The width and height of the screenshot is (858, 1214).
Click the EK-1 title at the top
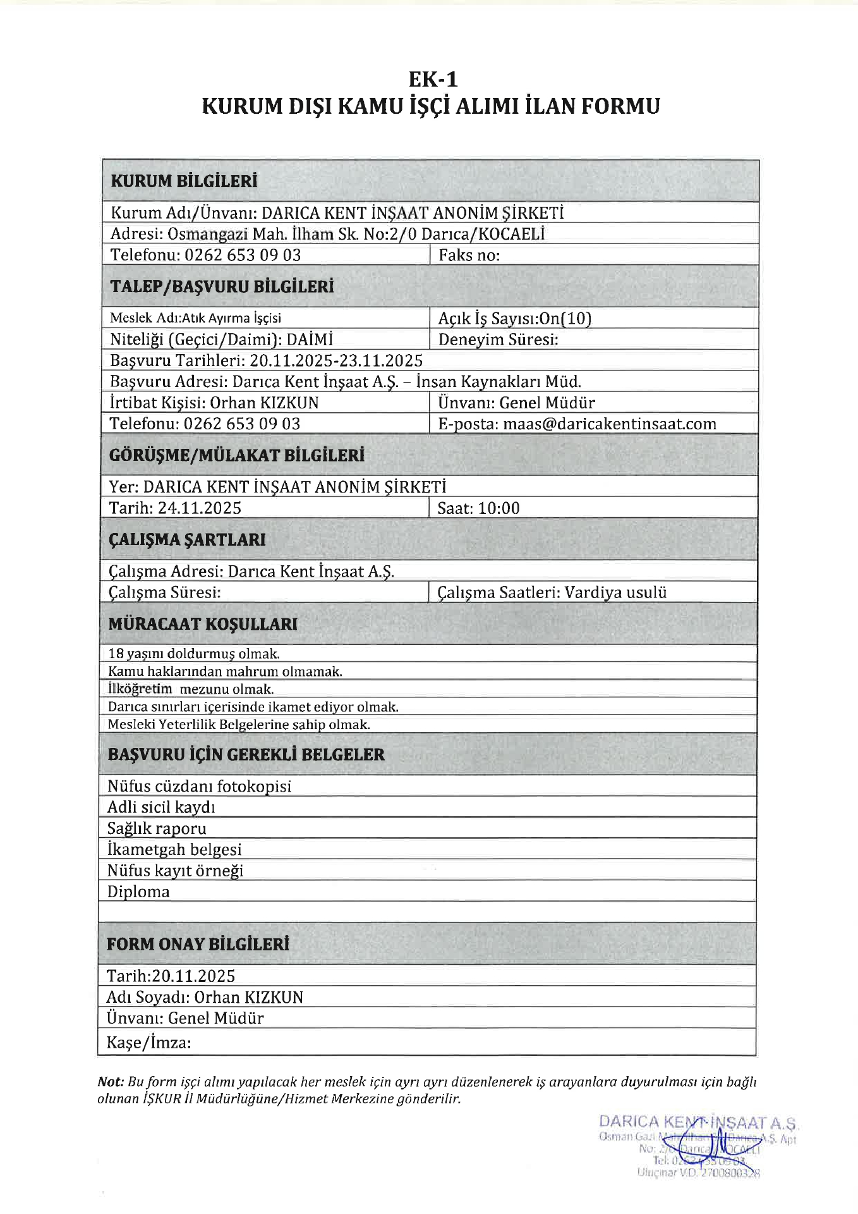click(433, 80)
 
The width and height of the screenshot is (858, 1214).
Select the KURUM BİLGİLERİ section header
click(184, 181)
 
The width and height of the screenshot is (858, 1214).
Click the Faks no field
click(469, 255)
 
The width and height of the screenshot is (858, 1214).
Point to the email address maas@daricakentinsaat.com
click(609, 424)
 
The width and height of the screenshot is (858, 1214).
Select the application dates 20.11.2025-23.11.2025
click(336, 361)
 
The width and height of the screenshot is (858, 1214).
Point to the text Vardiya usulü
click(615, 593)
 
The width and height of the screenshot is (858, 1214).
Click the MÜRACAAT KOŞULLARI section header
click(202, 624)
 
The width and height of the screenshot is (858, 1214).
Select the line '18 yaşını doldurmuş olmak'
click(193, 654)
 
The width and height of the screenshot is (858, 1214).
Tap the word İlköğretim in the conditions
click(140, 689)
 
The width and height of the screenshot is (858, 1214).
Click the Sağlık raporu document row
click(157, 829)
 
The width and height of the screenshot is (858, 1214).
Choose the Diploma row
click(138, 892)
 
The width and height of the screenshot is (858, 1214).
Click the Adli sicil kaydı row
click(161, 807)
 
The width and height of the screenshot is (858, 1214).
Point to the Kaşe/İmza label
click(148, 1043)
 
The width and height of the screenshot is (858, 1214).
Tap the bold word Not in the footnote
click(110, 1082)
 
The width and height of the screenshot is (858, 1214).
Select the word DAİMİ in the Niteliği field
click(310, 340)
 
